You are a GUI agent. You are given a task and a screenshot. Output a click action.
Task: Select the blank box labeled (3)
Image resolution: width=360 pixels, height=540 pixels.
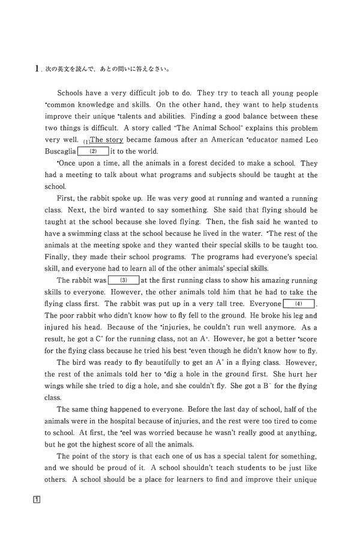point(123,280)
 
